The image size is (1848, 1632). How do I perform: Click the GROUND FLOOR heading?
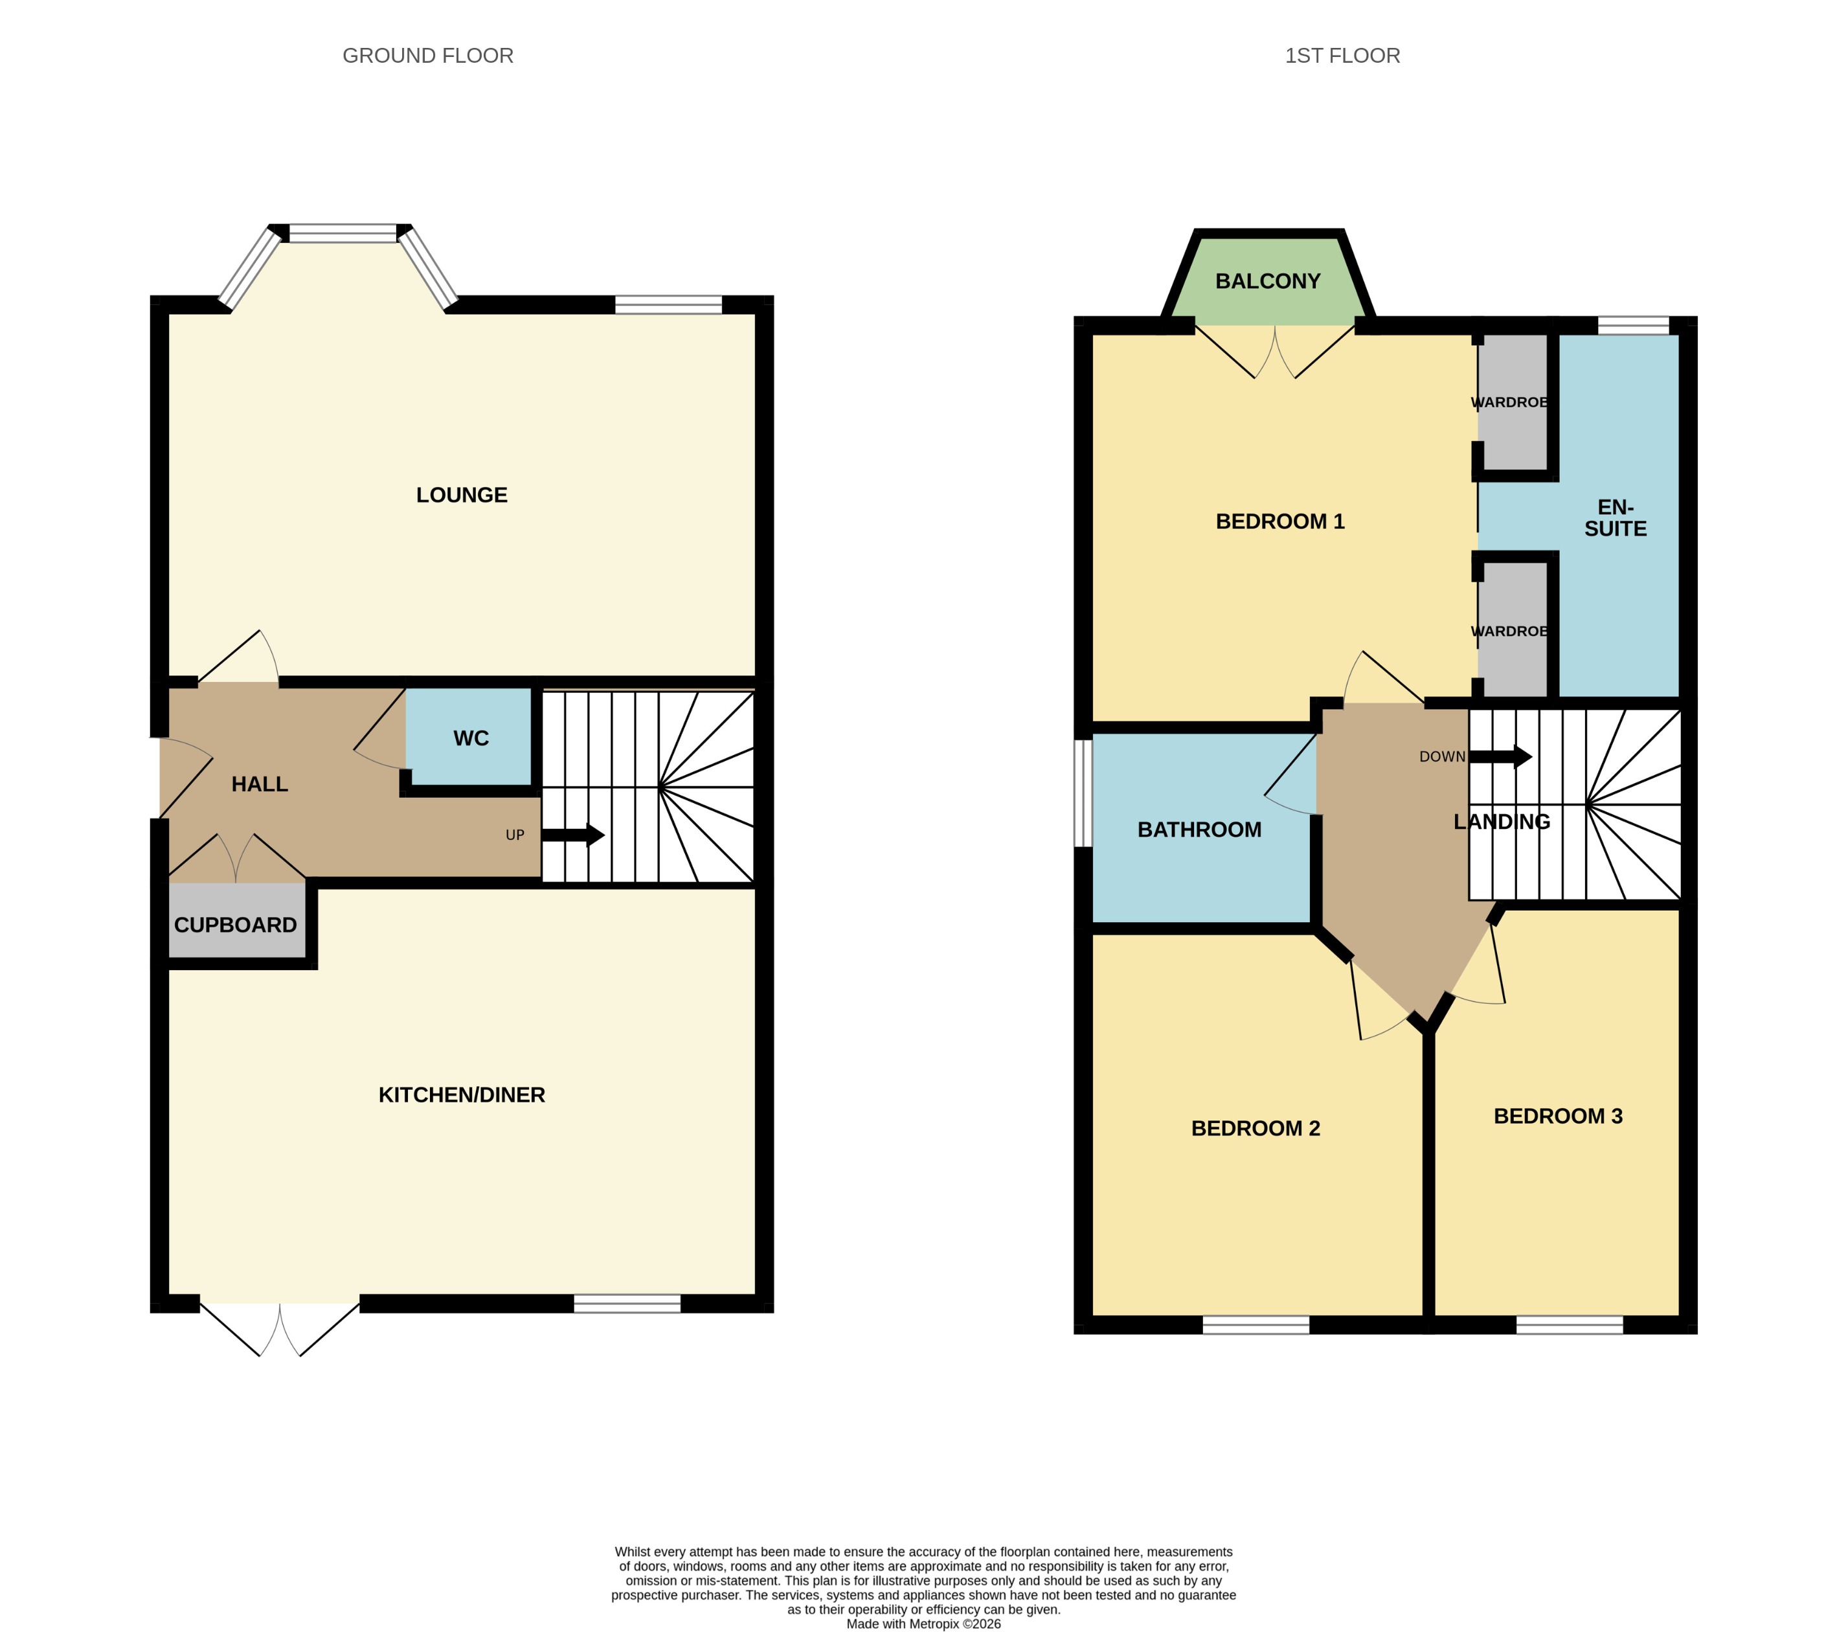click(427, 56)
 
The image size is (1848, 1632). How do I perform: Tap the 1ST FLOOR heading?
click(1342, 56)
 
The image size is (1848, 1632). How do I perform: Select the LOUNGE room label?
click(461, 495)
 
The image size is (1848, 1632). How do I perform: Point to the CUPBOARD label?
click(235, 925)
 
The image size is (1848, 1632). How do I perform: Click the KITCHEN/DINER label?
click(461, 1095)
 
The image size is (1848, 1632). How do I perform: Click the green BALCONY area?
click(1268, 281)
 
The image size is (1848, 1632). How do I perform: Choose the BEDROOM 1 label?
click(1279, 522)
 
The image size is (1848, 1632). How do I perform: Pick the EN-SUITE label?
click(1615, 518)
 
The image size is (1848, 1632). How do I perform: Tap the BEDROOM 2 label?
click(1255, 1128)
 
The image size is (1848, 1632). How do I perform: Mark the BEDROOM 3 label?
click(1557, 1116)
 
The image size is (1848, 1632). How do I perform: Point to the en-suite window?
click(1633, 326)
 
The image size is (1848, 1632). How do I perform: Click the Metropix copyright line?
click(923, 1624)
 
